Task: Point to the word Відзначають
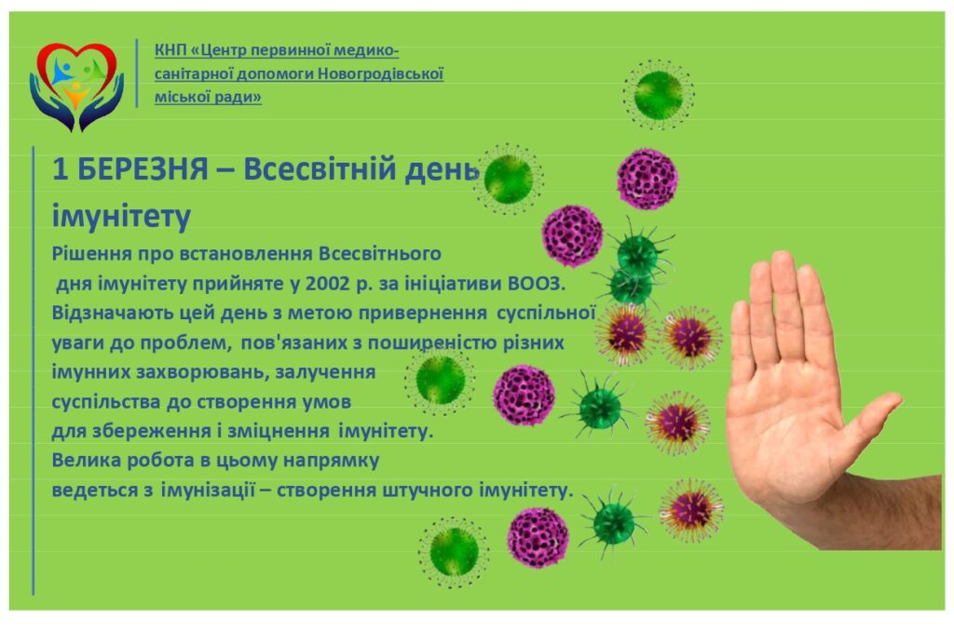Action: point(110,311)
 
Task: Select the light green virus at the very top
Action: point(659,93)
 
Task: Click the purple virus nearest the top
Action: point(647,178)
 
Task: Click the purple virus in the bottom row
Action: point(538,537)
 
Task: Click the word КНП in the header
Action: point(170,50)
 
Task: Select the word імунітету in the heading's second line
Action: point(121,216)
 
